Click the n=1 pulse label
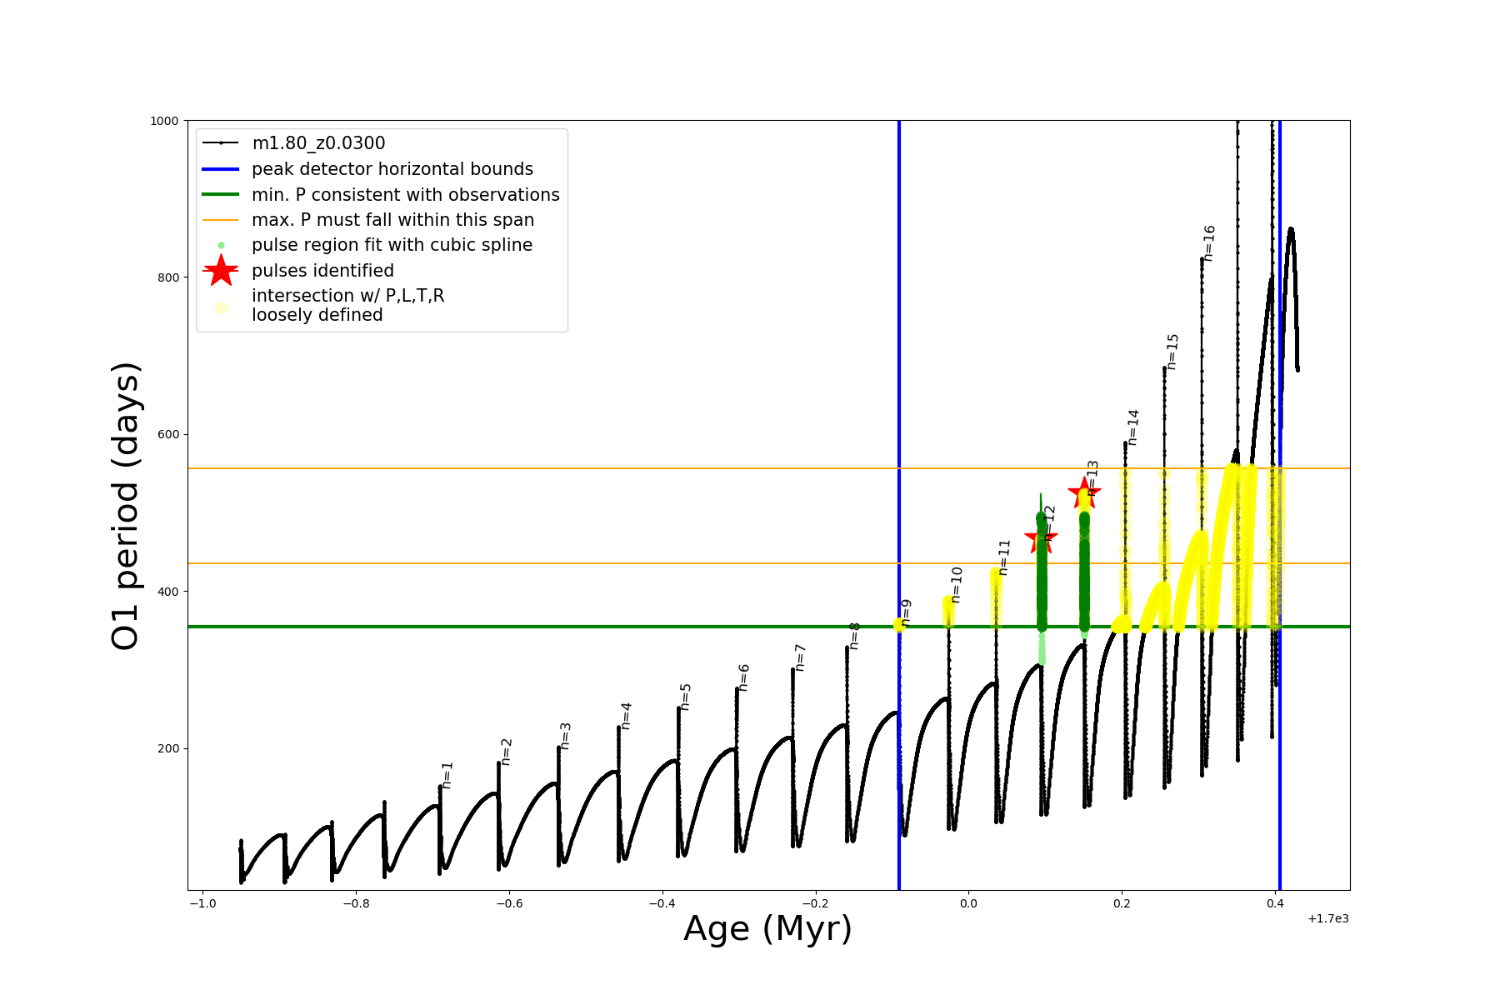(x=447, y=775)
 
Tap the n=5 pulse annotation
(x=686, y=697)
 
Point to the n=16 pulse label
(x=1209, y=243)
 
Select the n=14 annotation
(x=1132, y=427)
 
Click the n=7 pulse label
(x=800, y=657)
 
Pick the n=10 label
(x=957, y=585)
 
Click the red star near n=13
(x=1084, y=492)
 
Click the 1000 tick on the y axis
(x=164, y=121)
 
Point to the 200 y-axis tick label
(x=169, y=748)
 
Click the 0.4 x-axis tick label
(x=1274, y=903)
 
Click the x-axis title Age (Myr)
(x=767, y=929)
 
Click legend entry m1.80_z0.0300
(x=318, y=143)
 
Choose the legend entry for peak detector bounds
(x=392, y=169)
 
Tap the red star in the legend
(x=221, y=271)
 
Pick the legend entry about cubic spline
(x=392, y=245)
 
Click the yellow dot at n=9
(x=899, y=625)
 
